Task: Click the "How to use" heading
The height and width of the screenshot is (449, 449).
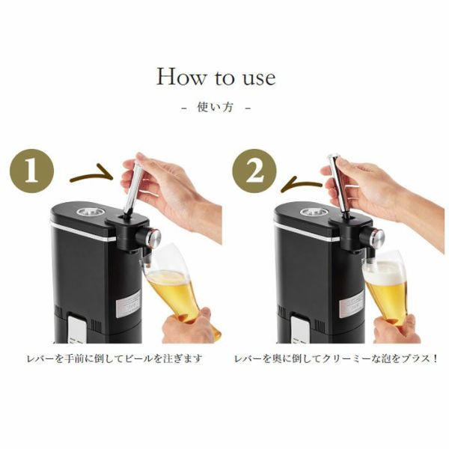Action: pyautogui.click(x=216, y=77)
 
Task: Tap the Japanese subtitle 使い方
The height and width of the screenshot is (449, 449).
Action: pyautogui.click(x=215, y=107)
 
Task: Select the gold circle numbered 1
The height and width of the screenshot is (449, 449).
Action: pyautogui.click(x=31, y=171)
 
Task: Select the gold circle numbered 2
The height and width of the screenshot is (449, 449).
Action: pyautogui.click(x=254, y=171)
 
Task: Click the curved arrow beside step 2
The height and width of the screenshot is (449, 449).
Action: pyautogui.click(x=302, y=186)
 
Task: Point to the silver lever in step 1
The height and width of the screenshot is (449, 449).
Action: pyautogui.click(x=134, y=186)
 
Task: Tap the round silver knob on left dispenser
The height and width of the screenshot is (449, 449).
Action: pyautogui.click(x=154, y=237)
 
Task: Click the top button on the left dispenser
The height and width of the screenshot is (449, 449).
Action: pyautogui.click(x=91, y=213)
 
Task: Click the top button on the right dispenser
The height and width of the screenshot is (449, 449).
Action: pyautogui.click(x=314, y=213)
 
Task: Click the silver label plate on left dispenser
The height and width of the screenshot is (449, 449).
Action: pyautogui.click(x=129, y=304)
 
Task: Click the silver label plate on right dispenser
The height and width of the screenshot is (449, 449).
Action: pyautogui.click(x=352, y=304)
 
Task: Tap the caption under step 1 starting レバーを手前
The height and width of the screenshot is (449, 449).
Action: pyautogui.click(x=114, y=359)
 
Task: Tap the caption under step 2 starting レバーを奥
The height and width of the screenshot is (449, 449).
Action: pyautogui.click(x=335, y=359)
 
